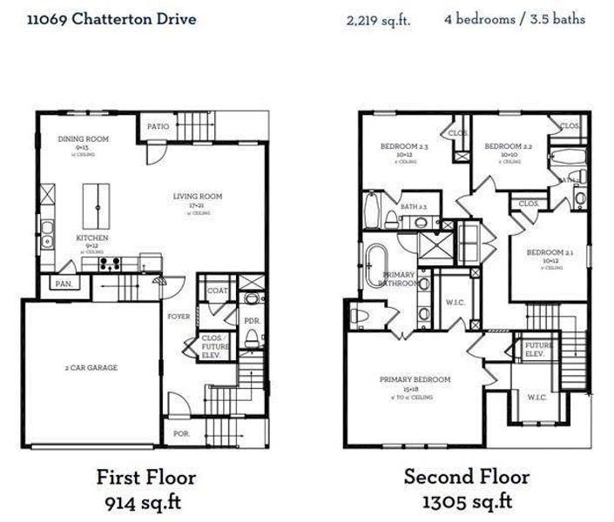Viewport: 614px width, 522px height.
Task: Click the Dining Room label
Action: click(83, 139)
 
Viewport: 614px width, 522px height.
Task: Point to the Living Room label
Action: click(197, 197)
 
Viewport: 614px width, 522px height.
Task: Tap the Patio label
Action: click(158, 126)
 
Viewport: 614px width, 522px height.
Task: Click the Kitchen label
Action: click(91, 238)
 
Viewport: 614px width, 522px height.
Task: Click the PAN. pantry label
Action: click(63, 284)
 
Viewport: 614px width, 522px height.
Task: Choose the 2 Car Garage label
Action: click(90, 367)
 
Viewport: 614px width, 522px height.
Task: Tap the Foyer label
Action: click(179, 317)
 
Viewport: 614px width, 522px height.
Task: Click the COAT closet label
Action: click(217, 291)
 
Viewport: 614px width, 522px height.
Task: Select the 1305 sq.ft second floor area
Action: click(467, 502)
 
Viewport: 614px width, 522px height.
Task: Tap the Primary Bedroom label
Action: click(415, 379)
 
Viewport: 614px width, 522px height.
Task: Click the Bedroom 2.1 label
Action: click(550, 252)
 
